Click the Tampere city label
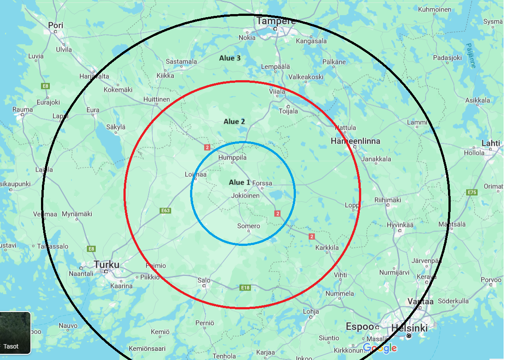click(x=276, y=21)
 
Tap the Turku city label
click(x=106, y=264)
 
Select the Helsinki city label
click(x=409, y=328)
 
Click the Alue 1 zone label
click(x=239, y=182)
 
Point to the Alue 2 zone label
click(x=234, y=122)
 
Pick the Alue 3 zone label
click(x=230, y=58)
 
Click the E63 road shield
click(x=165, y=211)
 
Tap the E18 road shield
click(x=245, y=288)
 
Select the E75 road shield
click(x=472, y=192)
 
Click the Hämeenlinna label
click(x=355, y=141)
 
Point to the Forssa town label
click(x=262, y=183)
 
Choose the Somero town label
click(x=249, y=226)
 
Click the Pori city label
click(x=56, y=26)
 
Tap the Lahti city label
click(x=491, y=143)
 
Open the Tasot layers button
click(x=15, y=333)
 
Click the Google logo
click(x=380, y=348)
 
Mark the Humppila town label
click(x=232, y=157)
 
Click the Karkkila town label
click(x=327, y=248)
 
